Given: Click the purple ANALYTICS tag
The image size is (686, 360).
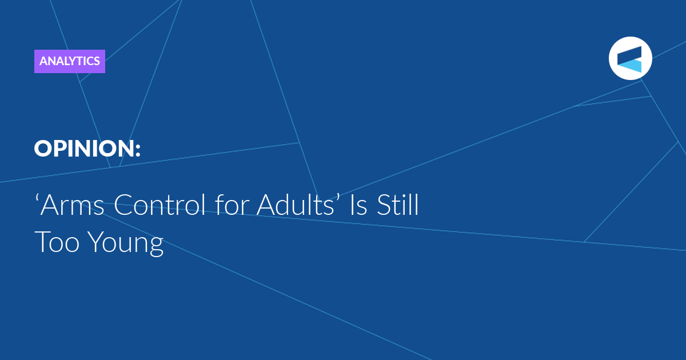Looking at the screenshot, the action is pyautogui.click(x=70, y=61).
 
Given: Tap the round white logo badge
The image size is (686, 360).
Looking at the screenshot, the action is pyautogui.click(x=630, y=58).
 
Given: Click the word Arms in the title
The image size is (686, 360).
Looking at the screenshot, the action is pyautogui.click(x=72, y=205).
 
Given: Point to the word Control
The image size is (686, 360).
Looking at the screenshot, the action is pyautogui.click(x=159, y=205).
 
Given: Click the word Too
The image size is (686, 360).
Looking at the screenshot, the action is pyautogui.click(x=57, y=242).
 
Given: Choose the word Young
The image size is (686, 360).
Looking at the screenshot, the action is pyautogui.click(x=127, y=243).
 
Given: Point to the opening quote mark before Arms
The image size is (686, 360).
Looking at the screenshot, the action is pyautogui.click(x=37, y=198).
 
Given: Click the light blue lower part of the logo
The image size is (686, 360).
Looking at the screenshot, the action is pyautogui.click(x=630, y=66).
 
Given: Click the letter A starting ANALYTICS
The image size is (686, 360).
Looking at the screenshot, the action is pyautogui.click(x=44, y=61).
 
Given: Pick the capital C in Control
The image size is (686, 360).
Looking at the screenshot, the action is pyautogui.click(x=123, y=205).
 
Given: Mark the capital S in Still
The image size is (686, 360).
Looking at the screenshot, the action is pyautogui.click(x=384, y=205).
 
